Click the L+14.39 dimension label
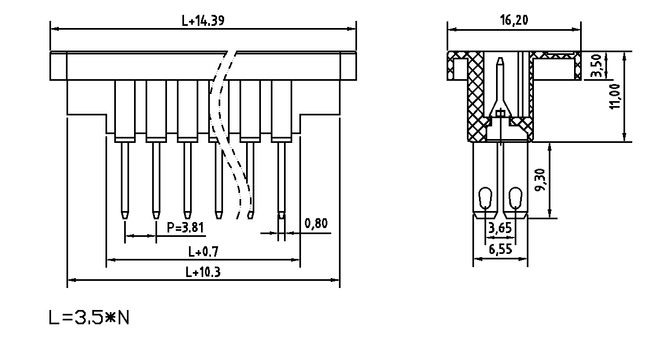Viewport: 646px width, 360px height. point(203,20)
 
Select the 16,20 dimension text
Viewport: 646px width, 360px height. point(514,20)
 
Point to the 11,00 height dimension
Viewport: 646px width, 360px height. point(615,97)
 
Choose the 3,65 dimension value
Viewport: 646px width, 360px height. point(500,228)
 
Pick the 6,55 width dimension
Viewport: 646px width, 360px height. point(500,249)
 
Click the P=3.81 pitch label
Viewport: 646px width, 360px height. point(186,227)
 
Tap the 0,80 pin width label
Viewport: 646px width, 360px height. point(316,224)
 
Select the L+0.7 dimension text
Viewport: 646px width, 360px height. point(203,251)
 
